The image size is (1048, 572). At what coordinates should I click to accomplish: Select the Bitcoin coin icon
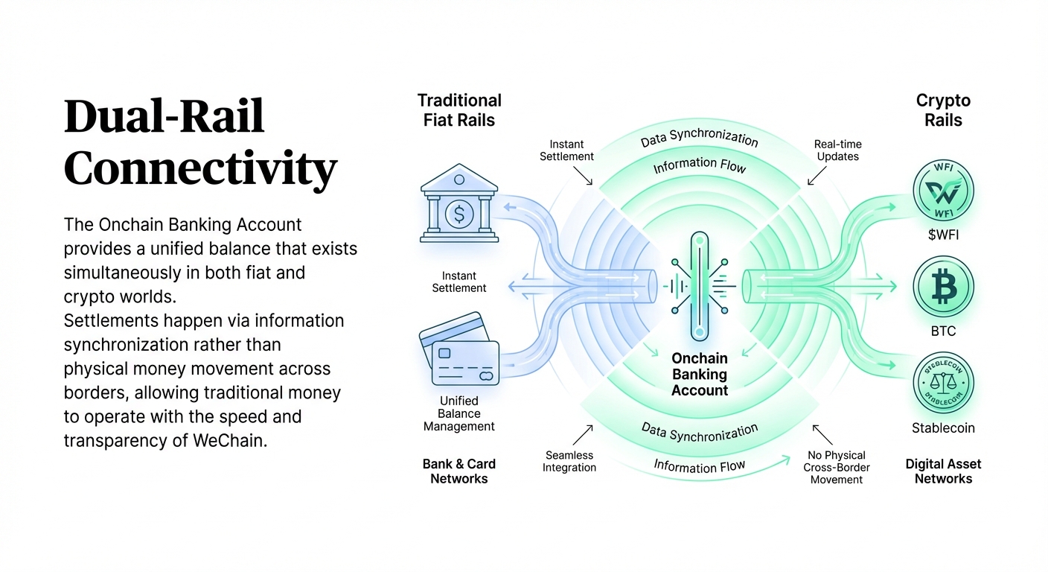(943, 288)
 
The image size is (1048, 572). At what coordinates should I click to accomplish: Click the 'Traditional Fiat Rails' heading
(459, 110)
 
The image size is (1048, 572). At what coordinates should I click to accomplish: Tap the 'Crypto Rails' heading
(943, 110)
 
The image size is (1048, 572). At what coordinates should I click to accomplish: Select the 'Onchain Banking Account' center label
(699, 375)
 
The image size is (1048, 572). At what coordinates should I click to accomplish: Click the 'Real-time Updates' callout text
(837, 150)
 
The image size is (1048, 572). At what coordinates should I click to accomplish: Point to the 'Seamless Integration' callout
(570, 461)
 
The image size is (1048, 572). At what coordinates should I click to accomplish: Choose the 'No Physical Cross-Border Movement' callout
(836, 467)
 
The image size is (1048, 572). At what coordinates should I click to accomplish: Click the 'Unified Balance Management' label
(458, 414)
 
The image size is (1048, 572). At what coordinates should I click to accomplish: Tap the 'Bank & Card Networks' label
(458, 471)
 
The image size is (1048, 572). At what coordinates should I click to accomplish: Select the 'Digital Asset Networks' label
(943, 471)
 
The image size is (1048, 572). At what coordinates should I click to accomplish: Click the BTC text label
(943, 331)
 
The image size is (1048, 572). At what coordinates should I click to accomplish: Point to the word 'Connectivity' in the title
(200, 169)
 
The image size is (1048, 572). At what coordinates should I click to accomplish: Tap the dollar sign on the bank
(458, 214)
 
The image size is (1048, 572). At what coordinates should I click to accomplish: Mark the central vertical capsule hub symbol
(698, 286)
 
